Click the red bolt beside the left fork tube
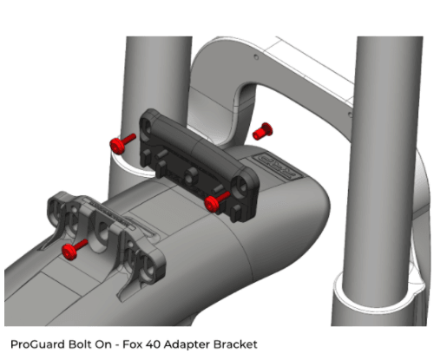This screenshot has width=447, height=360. (x=122, y=143)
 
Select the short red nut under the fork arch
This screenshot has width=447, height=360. (x=262, y=132)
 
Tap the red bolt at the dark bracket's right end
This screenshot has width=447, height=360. (x=217, y=201)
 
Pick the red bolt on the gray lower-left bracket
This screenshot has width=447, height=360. (x=75, y=250)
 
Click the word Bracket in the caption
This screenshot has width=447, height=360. (x=235, y=344)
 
